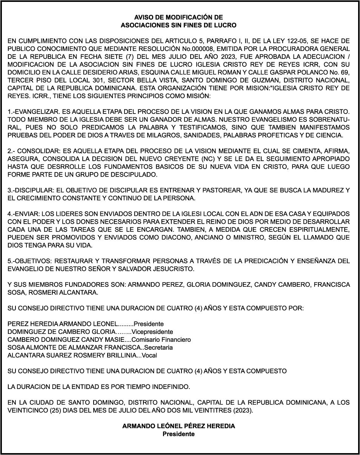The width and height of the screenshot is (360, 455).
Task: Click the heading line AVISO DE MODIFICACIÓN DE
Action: point(178,17)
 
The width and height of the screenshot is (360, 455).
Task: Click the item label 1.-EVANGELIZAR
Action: point(28,112)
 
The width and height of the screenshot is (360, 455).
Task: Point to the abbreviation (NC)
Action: point(229,159)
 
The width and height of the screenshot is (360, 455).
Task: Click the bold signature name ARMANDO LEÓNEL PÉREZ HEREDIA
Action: point(178,426)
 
